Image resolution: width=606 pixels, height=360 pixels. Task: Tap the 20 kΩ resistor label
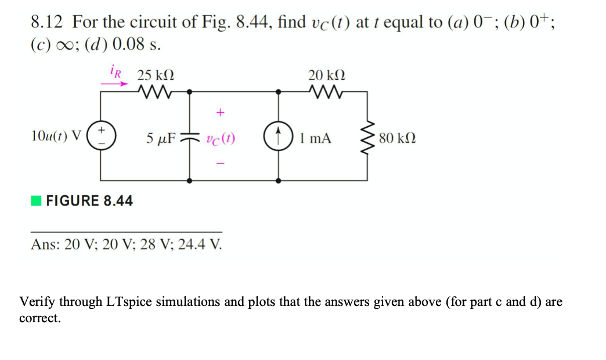click(x=327, y=75)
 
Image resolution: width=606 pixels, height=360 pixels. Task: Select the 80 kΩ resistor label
click(x=396, y=139)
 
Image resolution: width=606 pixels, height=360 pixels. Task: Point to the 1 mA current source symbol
click(x=279, y=138)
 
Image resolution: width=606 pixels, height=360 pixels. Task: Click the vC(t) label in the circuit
click(x=220, y=139)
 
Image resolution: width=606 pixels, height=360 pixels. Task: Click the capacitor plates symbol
click(x=190, y=138)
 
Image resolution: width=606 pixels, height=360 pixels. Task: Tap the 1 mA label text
click(x=316, y=139)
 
